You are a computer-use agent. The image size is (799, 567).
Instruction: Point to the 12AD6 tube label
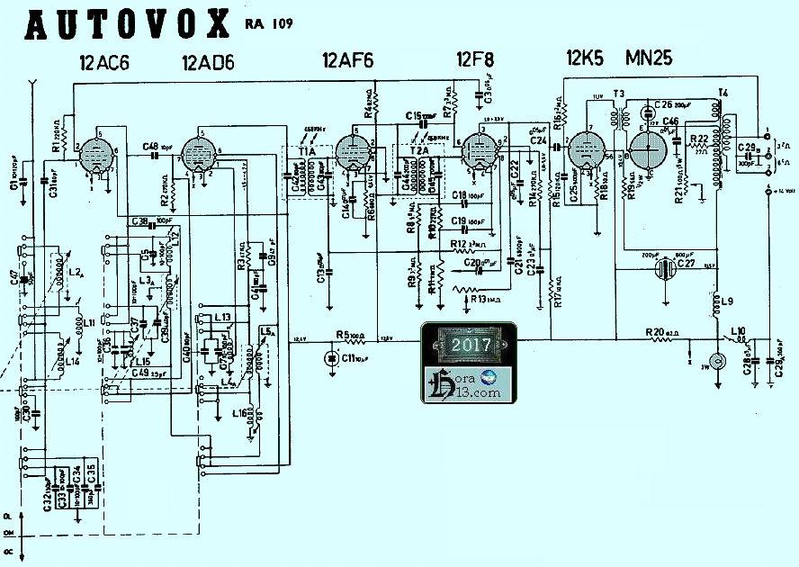pos(208,63)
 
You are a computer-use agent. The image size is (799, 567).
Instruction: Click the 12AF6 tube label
pos(347,61)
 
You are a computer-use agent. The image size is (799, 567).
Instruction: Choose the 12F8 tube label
pos(474,61)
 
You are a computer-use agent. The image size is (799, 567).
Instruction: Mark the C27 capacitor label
pos(686,263)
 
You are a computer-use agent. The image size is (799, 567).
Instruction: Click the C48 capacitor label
pos(150,146)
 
